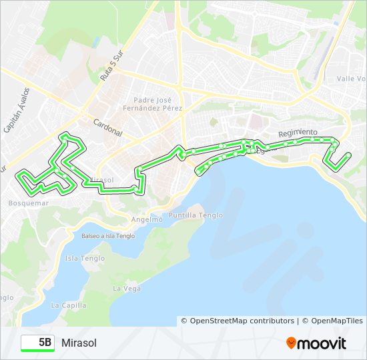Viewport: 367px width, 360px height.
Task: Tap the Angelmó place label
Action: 147,219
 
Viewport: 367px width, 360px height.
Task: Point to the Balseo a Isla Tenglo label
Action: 108,236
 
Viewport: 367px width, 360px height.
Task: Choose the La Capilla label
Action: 69,305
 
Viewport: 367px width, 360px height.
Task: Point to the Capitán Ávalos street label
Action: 16,109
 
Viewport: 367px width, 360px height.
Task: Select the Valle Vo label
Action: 351,79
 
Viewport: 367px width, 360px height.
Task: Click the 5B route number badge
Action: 38,343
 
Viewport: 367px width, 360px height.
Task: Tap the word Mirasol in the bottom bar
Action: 79,343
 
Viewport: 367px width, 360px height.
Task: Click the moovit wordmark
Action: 323,343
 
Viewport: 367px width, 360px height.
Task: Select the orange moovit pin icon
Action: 292,343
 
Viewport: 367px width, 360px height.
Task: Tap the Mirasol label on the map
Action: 102,180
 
